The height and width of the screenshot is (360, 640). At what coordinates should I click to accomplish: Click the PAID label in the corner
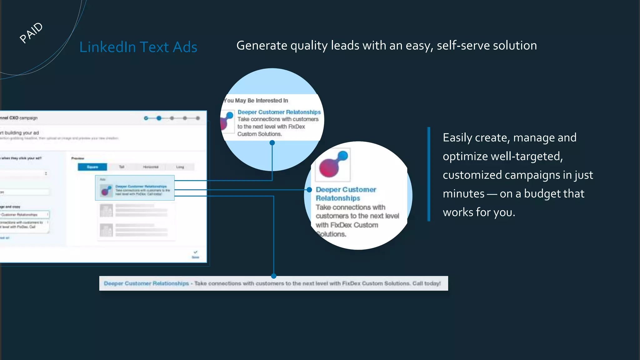click(31, 32)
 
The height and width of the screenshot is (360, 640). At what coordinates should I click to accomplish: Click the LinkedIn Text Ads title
click(138, 47)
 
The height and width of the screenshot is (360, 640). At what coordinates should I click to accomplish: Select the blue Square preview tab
click(92, 167)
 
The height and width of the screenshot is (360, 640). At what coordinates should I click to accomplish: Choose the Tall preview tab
click(122, 167)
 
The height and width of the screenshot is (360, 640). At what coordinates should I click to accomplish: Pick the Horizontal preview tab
click(151, 167)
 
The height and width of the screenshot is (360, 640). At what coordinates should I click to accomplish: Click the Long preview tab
click(180, 167)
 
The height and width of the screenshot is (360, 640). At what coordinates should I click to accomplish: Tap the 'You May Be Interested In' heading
click(256, 101)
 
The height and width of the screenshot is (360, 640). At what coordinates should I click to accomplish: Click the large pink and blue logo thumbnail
click(333, 165)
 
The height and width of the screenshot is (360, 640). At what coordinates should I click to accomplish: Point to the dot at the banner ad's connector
click(274, 276)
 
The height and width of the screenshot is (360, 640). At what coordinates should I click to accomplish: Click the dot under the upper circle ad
click(272, 143)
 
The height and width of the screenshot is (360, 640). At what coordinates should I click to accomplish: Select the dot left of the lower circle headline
click(309, 190)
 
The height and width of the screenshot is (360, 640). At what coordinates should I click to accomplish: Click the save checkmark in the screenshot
click(196, 252)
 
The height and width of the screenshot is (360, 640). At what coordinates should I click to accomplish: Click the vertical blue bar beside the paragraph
click(429, 174)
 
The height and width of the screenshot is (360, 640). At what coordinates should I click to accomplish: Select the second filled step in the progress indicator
click(159, 118)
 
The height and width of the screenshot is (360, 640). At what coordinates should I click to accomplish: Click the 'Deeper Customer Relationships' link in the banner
click(146, 283)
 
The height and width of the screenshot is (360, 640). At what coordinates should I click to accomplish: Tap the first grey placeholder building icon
click(106, 211)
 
